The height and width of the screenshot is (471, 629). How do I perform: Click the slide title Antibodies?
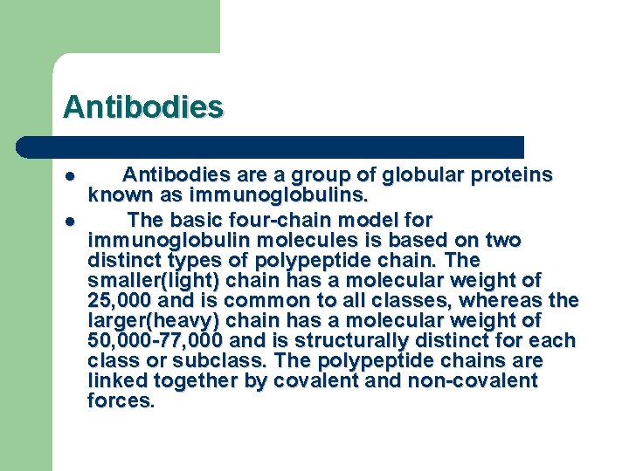[143, 107]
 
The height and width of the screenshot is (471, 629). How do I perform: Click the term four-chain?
[241, 219]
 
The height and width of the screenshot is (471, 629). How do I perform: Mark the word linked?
[118, 381]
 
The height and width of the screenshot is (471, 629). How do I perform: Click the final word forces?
[119, 401]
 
